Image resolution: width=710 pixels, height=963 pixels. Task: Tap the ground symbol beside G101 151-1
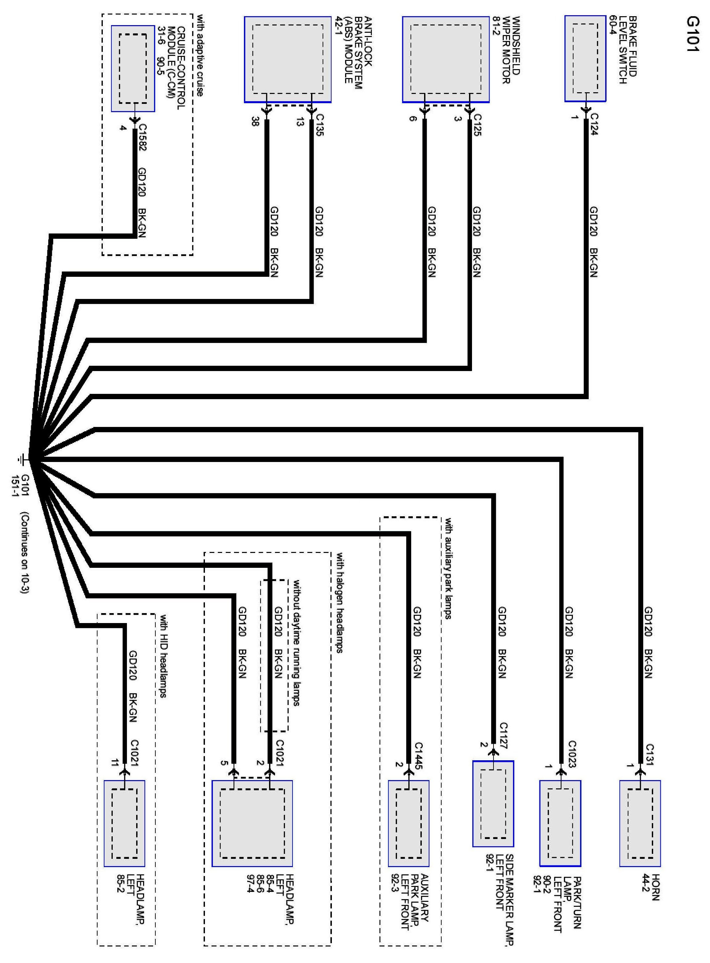tap(20, 460)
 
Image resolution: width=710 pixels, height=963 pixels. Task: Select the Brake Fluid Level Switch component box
tap(585, 59)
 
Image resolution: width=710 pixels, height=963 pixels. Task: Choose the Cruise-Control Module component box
tap(133, 68)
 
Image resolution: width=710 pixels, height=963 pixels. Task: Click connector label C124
tap(594, 124)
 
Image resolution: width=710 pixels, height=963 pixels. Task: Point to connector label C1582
tap(142, 138)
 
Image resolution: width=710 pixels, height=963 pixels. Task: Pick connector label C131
tap(650, 755)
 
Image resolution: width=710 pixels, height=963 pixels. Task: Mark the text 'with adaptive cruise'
tap(200, 56)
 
